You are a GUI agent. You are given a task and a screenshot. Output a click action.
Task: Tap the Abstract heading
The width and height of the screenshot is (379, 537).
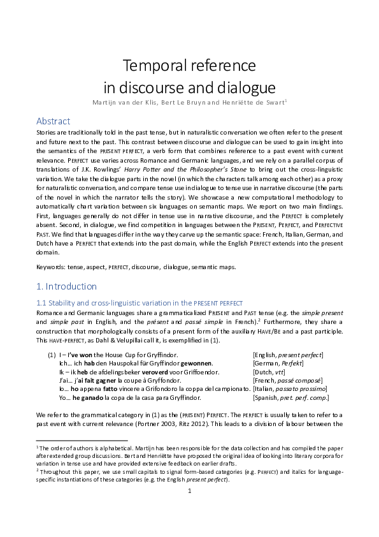tap(53, 121)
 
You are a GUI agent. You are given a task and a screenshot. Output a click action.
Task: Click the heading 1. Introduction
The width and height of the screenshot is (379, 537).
tap(66, 286)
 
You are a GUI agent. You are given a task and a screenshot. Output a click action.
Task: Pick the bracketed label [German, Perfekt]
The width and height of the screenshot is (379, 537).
tap(278, 362)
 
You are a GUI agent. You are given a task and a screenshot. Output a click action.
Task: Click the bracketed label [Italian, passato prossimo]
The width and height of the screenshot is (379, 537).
tap(289, 388)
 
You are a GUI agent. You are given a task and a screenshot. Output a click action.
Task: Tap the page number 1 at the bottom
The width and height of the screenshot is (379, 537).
tap(189, 510)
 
